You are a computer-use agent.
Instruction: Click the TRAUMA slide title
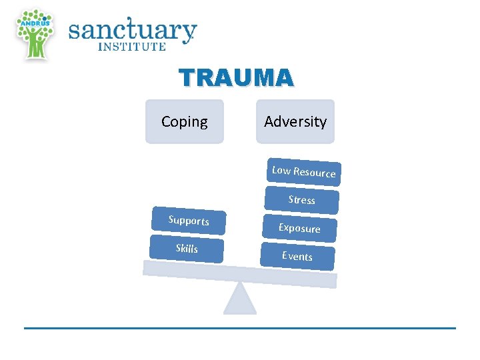point(236,79)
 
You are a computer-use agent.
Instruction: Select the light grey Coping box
point(185,121)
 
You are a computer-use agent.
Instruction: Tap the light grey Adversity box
point(295,121)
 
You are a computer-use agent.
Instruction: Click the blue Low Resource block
point(303,172)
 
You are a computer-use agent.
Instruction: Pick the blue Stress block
point(301,200)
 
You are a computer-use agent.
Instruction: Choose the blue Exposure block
point(299,228)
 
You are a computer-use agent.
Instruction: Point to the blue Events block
point(297,256)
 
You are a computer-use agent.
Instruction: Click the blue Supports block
point(189,221)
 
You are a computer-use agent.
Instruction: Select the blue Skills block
point(187,249)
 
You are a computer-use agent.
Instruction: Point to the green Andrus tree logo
point(35,33)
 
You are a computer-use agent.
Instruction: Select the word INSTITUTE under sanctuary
point(132,47)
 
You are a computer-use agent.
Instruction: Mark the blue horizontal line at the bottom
point(240,328)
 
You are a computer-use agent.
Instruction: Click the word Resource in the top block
point(315,173)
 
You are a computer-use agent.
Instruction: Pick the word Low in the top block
point(281,170)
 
